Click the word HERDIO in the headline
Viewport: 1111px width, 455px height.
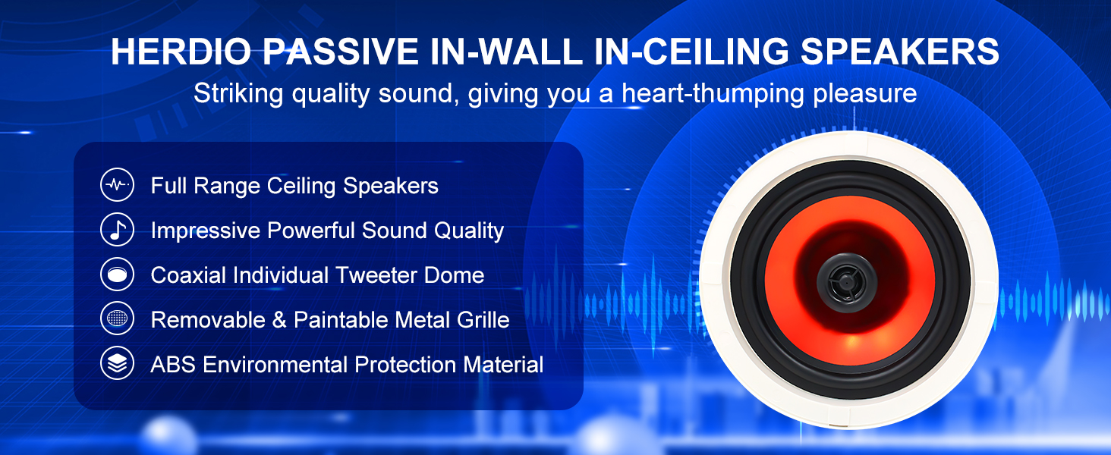coord(181,51)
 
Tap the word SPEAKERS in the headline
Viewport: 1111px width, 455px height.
coord(900,51)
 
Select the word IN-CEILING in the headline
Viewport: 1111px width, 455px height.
coord(691,51)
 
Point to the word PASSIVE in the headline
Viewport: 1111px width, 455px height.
coord(341,51)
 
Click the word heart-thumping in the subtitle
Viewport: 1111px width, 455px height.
coord(713,94)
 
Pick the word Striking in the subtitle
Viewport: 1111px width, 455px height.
coord(238,94)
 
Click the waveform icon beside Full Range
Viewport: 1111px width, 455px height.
coord(117,185)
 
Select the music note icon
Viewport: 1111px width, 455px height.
coord(117,230)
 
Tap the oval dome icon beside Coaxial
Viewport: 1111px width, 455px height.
coord(117,274)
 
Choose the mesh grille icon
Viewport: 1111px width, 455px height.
coord(117,318)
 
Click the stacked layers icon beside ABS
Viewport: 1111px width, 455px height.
coord(117,363)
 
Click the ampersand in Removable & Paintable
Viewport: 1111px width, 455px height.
coord(279,320)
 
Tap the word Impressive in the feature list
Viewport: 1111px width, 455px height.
coord(206,231)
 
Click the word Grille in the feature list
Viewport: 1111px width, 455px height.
coord(483,320)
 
